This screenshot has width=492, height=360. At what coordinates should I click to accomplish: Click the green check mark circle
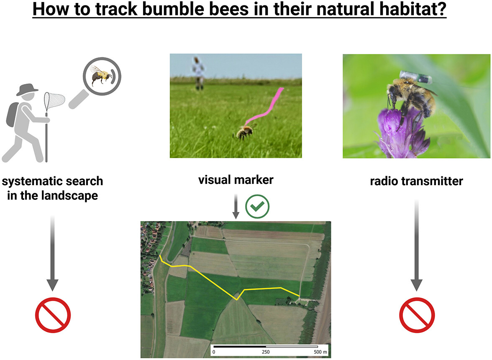tap(257, 207)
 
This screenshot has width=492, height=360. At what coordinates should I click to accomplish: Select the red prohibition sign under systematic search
tap(53, 315)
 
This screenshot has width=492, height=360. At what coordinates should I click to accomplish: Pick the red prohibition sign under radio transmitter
tap(417, 315)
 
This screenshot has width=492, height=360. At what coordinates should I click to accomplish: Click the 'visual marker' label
tap(236, 180)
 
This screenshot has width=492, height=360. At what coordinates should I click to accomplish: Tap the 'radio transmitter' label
tap(416, 181)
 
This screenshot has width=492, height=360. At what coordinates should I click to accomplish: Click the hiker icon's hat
tap(27, 89)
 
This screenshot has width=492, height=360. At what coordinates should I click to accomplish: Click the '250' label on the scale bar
tap(266, 352)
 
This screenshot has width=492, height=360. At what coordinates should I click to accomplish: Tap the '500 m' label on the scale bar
tap(320, 352)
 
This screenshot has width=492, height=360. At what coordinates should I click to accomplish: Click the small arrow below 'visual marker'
tap(236, 207)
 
